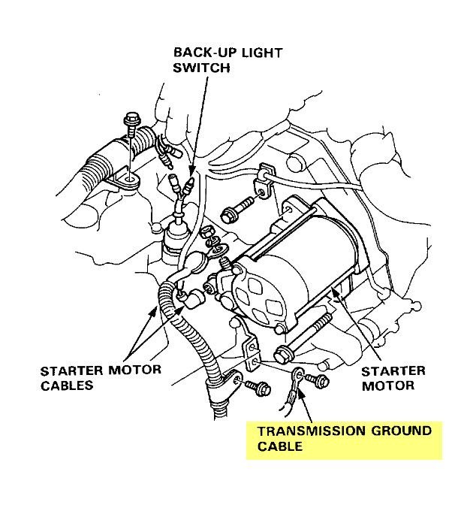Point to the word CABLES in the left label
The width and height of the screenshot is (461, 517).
coord(68,385)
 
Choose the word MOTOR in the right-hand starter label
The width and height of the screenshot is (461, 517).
coord(388,385)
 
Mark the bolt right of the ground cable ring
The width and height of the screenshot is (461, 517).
coord(321,381)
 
